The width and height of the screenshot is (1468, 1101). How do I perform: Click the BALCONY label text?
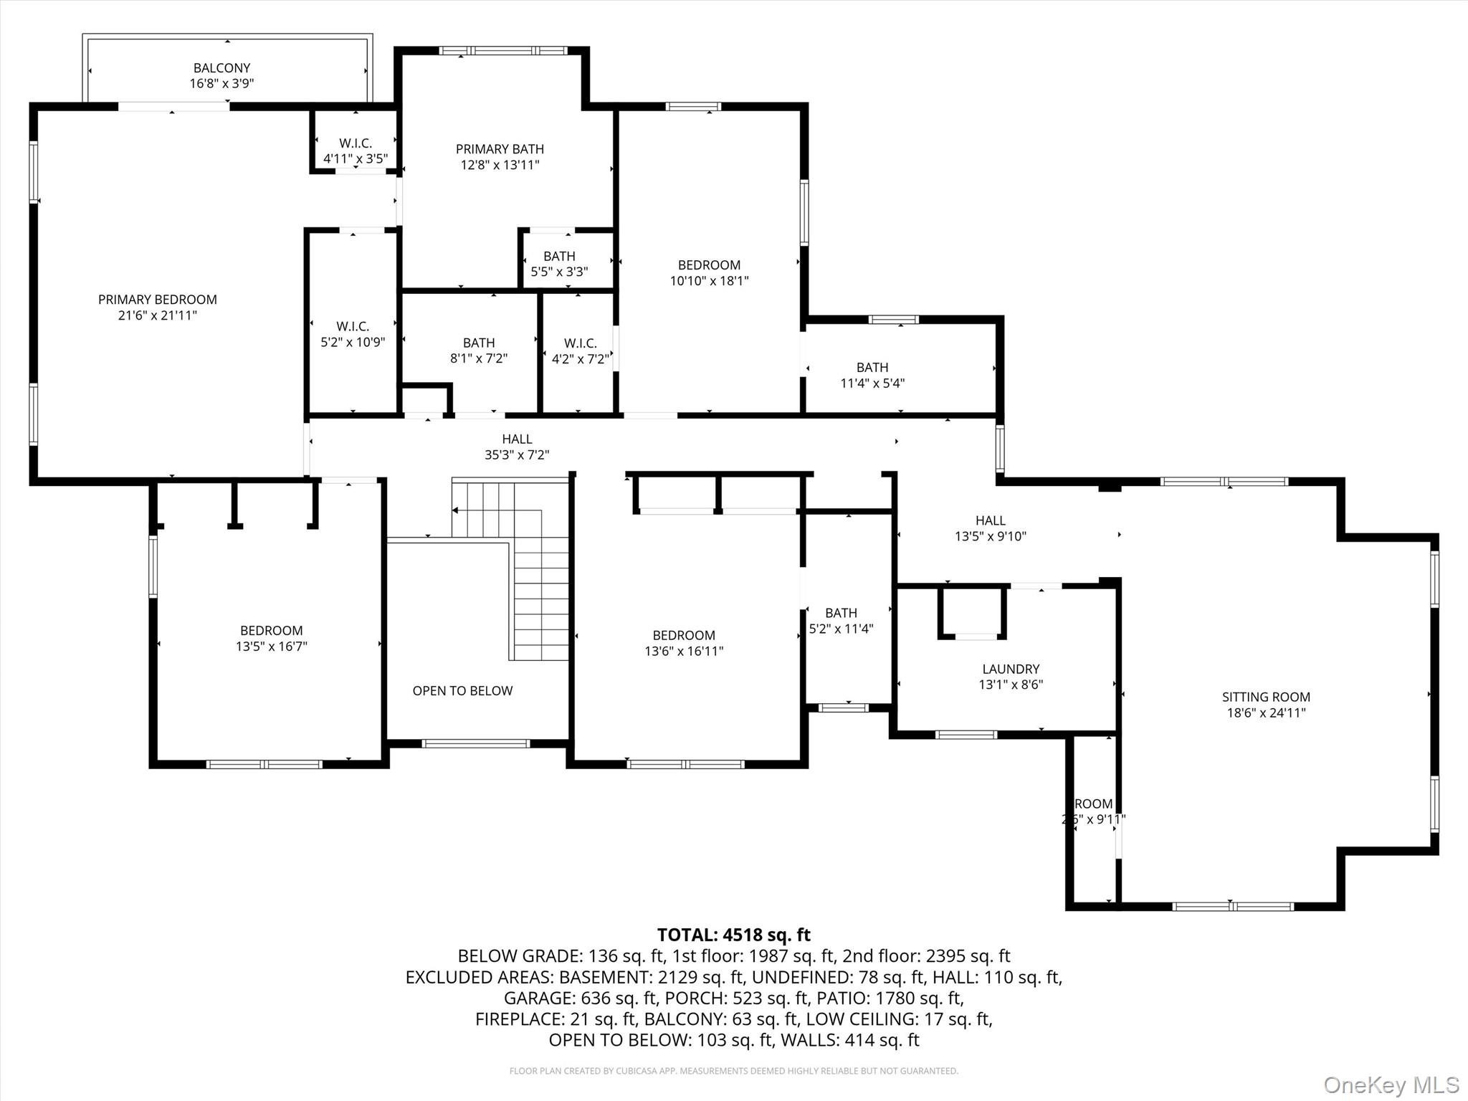[x=221, y=68]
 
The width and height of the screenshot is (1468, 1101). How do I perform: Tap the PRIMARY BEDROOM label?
[x=157, y=300]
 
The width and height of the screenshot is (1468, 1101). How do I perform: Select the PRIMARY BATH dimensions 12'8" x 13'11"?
[x=500, y=165]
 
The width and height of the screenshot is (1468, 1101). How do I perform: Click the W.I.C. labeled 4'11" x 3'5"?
[x=355, y=151]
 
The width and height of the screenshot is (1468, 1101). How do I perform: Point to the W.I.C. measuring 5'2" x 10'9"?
[x=353, y=334]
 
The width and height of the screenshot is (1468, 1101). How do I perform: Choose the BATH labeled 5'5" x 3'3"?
[x=559, y=264]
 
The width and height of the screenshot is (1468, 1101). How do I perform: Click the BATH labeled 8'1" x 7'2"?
[x=479, y=351]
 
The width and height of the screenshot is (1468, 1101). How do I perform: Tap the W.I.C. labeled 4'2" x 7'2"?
[x=580, y=351]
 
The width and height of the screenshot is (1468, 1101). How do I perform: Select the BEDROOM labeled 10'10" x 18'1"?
[x=709, y=273]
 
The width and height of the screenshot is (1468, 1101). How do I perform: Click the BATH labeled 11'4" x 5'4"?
[x=872, y=375]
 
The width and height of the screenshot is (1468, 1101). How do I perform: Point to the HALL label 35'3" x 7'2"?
[x=517, y=447]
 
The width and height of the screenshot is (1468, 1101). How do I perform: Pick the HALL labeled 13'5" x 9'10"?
[x=990, y=528]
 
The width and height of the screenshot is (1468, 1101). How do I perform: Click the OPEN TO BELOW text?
[x=462, y=691]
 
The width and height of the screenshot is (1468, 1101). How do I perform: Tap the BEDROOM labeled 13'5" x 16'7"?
[x=271, y=638]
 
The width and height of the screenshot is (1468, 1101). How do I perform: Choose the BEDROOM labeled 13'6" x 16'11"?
[x=684, y=643]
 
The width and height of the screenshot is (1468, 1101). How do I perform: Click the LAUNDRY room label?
[x=1011, y=669]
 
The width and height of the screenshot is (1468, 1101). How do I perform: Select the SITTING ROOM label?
[x=1266, y=697]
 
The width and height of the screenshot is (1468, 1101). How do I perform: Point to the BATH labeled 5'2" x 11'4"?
[x=841, y=621]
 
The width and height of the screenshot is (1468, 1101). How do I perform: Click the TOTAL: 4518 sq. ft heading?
[x=733, y=935]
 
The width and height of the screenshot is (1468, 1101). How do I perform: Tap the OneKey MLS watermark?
[x=1391, y=1085]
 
